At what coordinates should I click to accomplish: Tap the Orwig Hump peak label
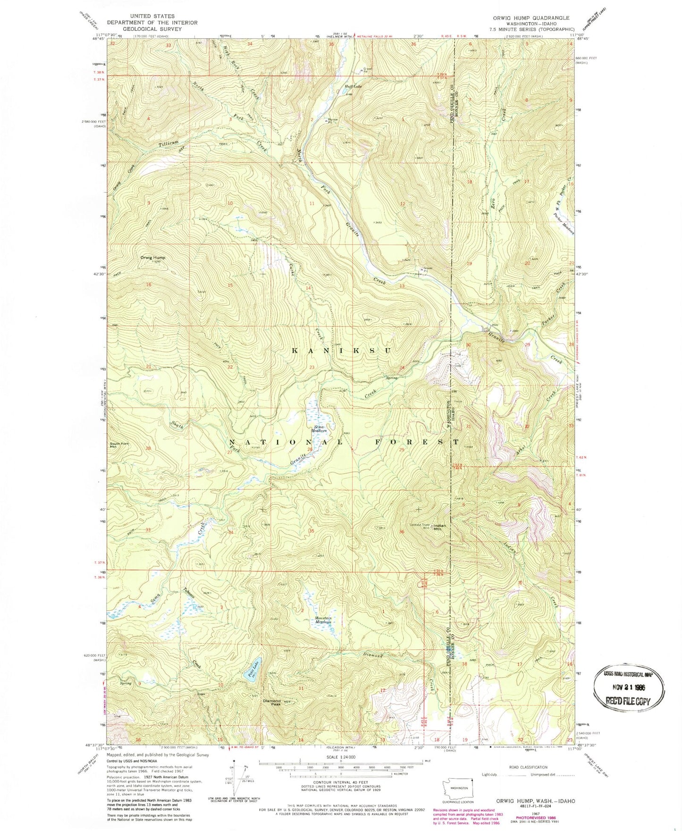[x=153, y=258]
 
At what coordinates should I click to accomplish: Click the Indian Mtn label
[x=439, y=527]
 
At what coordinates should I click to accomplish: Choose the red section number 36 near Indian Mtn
[x=402, y=532]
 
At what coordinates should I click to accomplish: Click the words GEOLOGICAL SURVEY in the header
[x=152, y=28]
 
